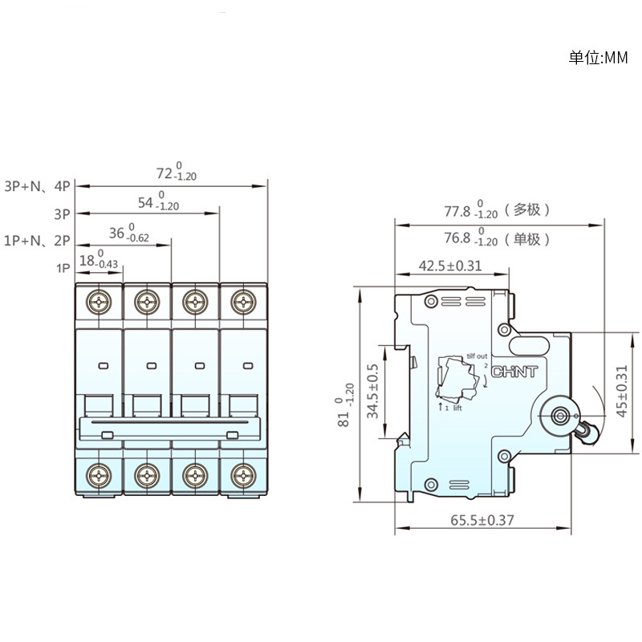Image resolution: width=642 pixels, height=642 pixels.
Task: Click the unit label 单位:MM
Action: pyautogui.click(x=598, y=58)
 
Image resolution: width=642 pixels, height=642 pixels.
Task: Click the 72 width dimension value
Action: pyautogui.click(x=165, y=173)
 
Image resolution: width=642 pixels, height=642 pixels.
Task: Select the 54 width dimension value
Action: pyautogui.click(x=145, y=203)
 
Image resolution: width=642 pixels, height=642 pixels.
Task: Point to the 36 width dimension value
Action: pyautogui.click(x=116, y=233)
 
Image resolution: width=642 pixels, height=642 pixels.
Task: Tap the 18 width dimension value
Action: pyautogui.click(x=87, y=260)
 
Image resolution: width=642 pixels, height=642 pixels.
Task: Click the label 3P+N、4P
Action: pyautogui.click(x=37, y=186)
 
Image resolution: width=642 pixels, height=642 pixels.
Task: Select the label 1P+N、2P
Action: pyautogui.click(x=37, y=240)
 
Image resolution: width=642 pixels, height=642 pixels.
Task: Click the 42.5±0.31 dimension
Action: pyautogui.click(x=450, y=266)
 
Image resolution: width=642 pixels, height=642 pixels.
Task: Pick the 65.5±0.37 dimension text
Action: pyautogui.click(x=482, y=520)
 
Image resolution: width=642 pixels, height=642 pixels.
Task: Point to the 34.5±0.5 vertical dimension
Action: pyautogui.click(x=372, y=392)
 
